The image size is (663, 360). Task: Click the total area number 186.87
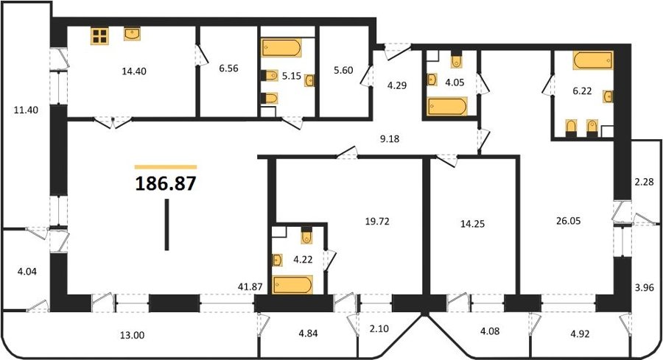tap(166, 184)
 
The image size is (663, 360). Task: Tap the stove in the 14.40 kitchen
tap(99, 35)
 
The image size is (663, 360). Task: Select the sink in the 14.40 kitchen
tap(132, 34)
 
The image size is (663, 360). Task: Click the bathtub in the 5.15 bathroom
tap(281, 47)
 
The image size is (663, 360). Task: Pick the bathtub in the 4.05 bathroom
tap(447, 106)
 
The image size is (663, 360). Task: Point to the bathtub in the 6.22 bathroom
tap(593, 60)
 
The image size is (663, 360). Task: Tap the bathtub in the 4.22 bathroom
tap(292, 284)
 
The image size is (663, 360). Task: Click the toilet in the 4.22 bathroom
tap(306, 236)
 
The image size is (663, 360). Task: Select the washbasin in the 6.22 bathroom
tap(608, 96)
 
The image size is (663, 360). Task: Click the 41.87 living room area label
tap(250, 286)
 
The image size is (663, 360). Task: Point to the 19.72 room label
tap(377, 221)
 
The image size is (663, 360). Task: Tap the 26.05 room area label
tap(568, 221)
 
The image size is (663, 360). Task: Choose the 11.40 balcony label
tap(27, 110)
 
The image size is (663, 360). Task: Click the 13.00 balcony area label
tap(133, 336)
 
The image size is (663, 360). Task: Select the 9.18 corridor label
tap(390, 138)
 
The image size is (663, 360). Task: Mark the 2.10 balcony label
tap(379, 328)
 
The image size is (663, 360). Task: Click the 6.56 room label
tap(229, 68)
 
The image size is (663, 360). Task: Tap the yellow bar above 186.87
tap(166, 167)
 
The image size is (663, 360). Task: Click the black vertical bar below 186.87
tap(166, 225)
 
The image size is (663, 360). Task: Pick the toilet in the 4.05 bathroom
tap(456, 60)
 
